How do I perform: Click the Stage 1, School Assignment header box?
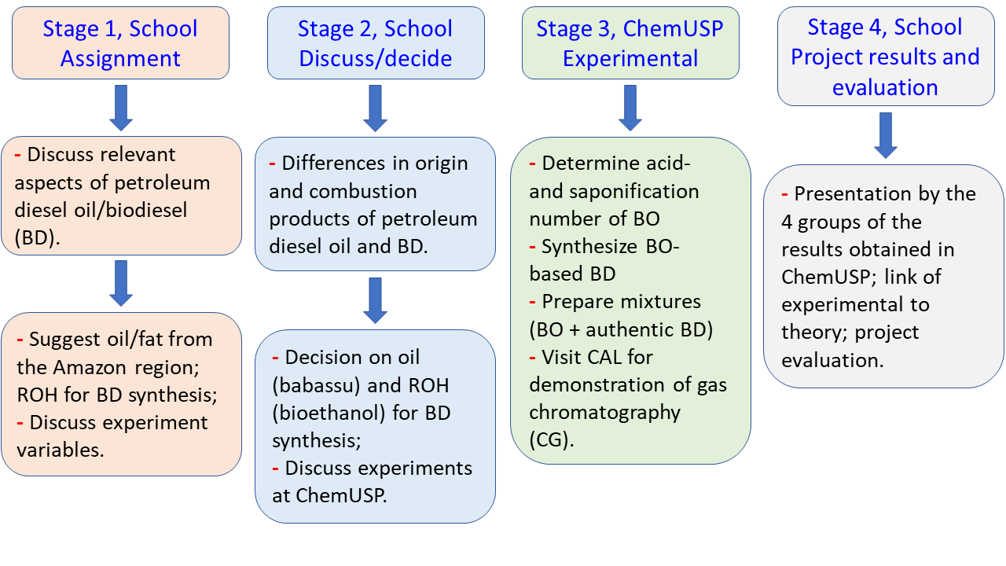coord(120,43)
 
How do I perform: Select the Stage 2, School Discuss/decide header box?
coord(375,43)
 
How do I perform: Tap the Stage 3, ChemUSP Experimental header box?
coord(630,43)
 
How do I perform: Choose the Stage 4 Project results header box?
coord(885,57)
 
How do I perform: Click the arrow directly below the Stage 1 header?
coord(121,108)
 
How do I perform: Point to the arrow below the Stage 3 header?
coord(630,108)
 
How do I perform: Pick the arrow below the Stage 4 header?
coord(886,135)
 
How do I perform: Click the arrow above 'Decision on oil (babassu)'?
coord(376,300)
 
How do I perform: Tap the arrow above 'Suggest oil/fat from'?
coord(121,283)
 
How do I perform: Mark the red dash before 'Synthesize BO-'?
coord(534,247)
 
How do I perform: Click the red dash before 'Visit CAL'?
coord(534,357)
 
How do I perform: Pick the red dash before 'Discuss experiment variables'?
coord(21,422)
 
